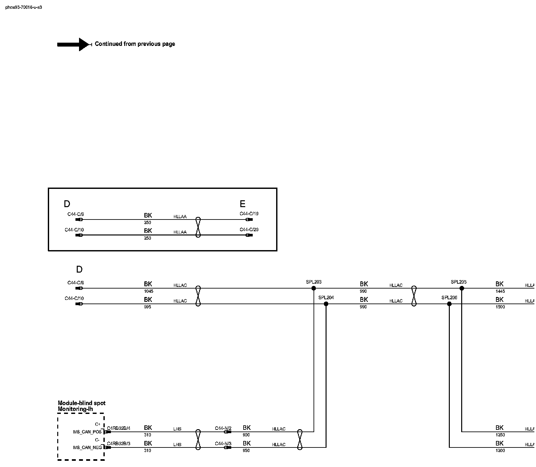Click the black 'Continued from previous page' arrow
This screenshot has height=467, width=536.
pyautogui.click(x=74, y=44)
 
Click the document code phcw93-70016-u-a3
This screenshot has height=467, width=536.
pyautogui.click(x=23, y=7)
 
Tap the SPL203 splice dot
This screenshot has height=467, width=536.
pyautogui.click(x=314, y=288)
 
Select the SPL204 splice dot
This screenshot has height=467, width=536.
pyautogui.click(x=326, y=304)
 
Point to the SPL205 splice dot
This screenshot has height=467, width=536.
pyautogui.click(x=462, y=288)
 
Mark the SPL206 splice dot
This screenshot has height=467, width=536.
pyautogui.click(x=449, y=304)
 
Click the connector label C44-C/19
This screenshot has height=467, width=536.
pyautogui.click(x=249, y=214)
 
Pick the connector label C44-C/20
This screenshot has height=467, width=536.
pyautogui.click(x=249, y=230)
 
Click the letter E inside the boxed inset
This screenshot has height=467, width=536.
pyautogui.click(x=242, y=204)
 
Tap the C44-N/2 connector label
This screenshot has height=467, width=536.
pyautogui.click(x=223, y=428)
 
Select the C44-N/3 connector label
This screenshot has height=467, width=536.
pyautogui.click(x=223, y=444)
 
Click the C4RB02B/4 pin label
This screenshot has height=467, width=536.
pyautogui.click(x=118, y=428)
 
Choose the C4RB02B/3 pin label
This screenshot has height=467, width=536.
pyautogui.click(x=118, y=444)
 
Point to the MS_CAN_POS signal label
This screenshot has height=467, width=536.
pyautogui.click(x=87, y=432)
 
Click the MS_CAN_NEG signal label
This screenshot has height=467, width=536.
pyautogui.click(x=87, y=447)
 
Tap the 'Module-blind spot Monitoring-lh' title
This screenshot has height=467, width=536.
pyautogui.click(x=81, y=406)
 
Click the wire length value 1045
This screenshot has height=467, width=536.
pyautogui.click(x=148, y=291)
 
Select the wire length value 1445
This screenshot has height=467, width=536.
pyautogui.click(x=500, y=291)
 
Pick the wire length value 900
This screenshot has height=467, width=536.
pyautogui.click(x=246, y=435)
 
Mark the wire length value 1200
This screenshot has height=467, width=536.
pyautogui.click(x=500, y=451)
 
